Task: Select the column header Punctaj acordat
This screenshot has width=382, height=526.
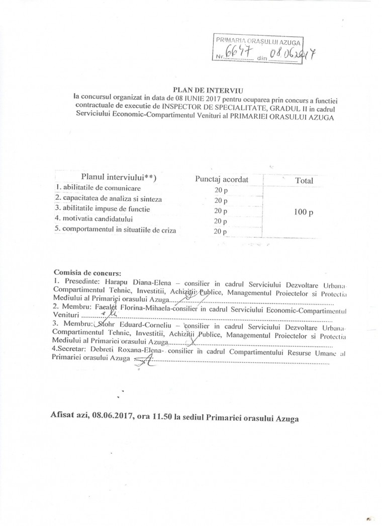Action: pos(222,179)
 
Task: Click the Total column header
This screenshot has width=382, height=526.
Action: pos(304,180)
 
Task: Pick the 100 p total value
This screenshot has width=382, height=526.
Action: pos(304,212)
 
